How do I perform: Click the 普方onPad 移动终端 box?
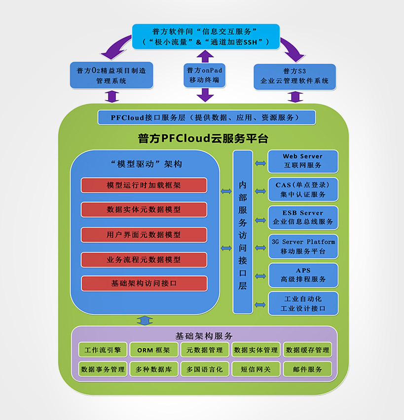[x=204, y=75]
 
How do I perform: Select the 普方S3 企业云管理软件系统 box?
[x=294, y=76]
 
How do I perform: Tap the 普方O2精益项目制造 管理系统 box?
[x=111, y=76]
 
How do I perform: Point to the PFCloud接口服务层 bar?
[x=206, y=117]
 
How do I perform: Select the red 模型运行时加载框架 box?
[x=144, y=185]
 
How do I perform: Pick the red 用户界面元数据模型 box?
[x=144, y=234]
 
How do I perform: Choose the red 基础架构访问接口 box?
[x=144, y=284]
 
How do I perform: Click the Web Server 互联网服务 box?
[x=303, y=161]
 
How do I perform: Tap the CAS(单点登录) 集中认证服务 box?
[x=303, y=189]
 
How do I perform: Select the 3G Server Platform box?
[x=303, y=246]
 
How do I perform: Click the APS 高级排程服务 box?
[x=303, y=275]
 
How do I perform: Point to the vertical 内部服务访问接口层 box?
[x=243, y=232]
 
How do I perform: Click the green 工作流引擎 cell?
[x=103, y=350]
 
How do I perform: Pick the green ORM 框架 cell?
[x=153, y=350]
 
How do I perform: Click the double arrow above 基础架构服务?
[x=145, y=320]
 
